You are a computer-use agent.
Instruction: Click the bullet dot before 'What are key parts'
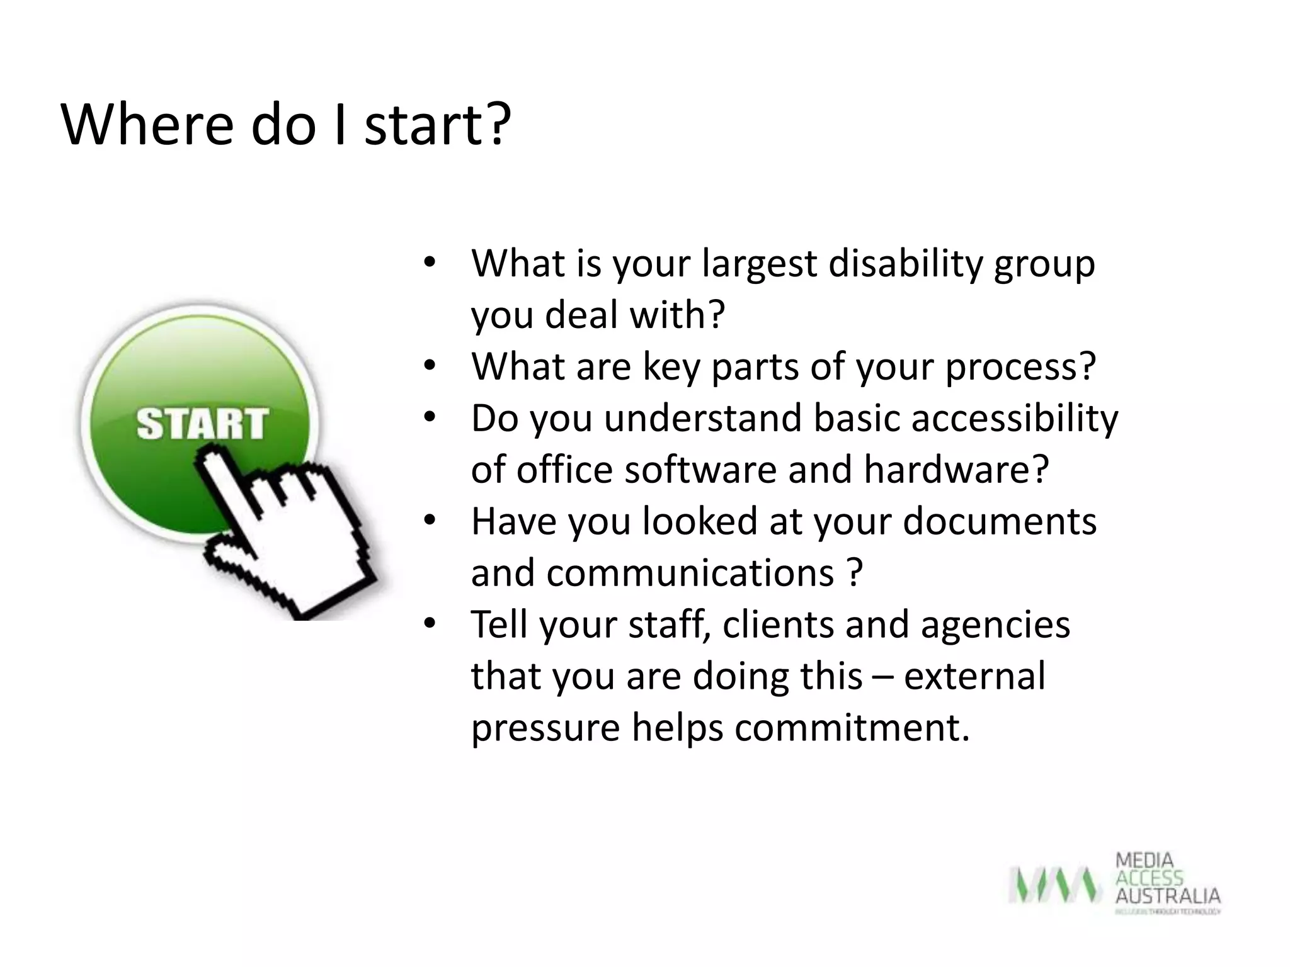[430, 366]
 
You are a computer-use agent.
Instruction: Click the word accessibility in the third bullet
[1015, 419]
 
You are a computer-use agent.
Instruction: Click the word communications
[690, 574]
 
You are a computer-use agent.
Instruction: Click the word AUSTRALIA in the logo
[1168, 896]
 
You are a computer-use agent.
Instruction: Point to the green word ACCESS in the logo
[1149, 878]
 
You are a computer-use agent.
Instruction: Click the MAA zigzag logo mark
[1054, 885]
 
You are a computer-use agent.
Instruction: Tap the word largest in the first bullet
[759, 264]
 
